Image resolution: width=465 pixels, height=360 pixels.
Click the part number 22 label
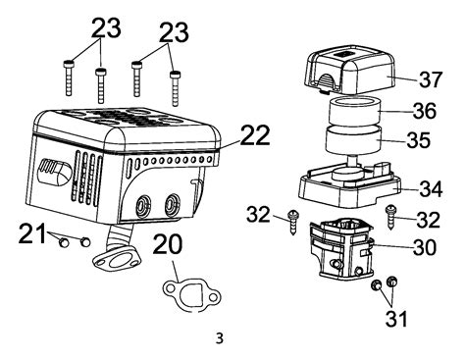pyautogui.click(x=255, y=134)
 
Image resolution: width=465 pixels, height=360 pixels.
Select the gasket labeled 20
pyautogui.click(x=170, y=297)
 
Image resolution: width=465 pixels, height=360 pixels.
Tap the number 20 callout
pyautogui.click(x=168, y=244)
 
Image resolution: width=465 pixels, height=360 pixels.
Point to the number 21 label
pyautogui.click(x=32, y=233)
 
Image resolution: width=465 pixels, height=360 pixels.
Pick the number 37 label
pyautogui.click(x=431, y=78)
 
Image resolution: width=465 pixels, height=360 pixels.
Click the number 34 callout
pyautogui.click(x=431, y=188)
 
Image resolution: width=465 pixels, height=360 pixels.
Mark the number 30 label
pyautogui.click(x=425, y=246)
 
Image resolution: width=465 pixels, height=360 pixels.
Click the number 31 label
pyautogui.click(x=396, y=318)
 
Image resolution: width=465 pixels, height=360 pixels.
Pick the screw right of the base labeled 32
pyautogui.click(x=390, y=217)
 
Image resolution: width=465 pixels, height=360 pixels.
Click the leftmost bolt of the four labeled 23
pyautogui.click(x=68, y=77)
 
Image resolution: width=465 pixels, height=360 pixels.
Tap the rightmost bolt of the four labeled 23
pyautogui.click(x=175, y=88)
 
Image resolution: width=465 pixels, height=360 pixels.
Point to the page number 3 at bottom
pyautogui.click(x=220, y=338)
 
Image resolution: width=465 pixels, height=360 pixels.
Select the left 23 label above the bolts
pyautogui.click(x=106, y=27)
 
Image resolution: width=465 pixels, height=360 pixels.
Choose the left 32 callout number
pyautogui.click(x=258, y=215)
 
